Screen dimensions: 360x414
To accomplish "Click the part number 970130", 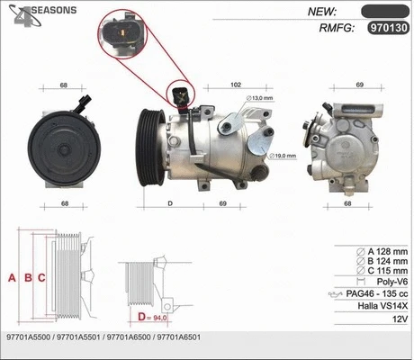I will [x=388, y=28].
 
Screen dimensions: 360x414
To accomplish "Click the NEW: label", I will [x=322, y=11].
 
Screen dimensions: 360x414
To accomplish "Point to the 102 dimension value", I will [x=235, y=85].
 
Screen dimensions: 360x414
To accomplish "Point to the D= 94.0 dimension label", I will [x=154, y=317].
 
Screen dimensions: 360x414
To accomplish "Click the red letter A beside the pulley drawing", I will [x=13, y=278].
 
